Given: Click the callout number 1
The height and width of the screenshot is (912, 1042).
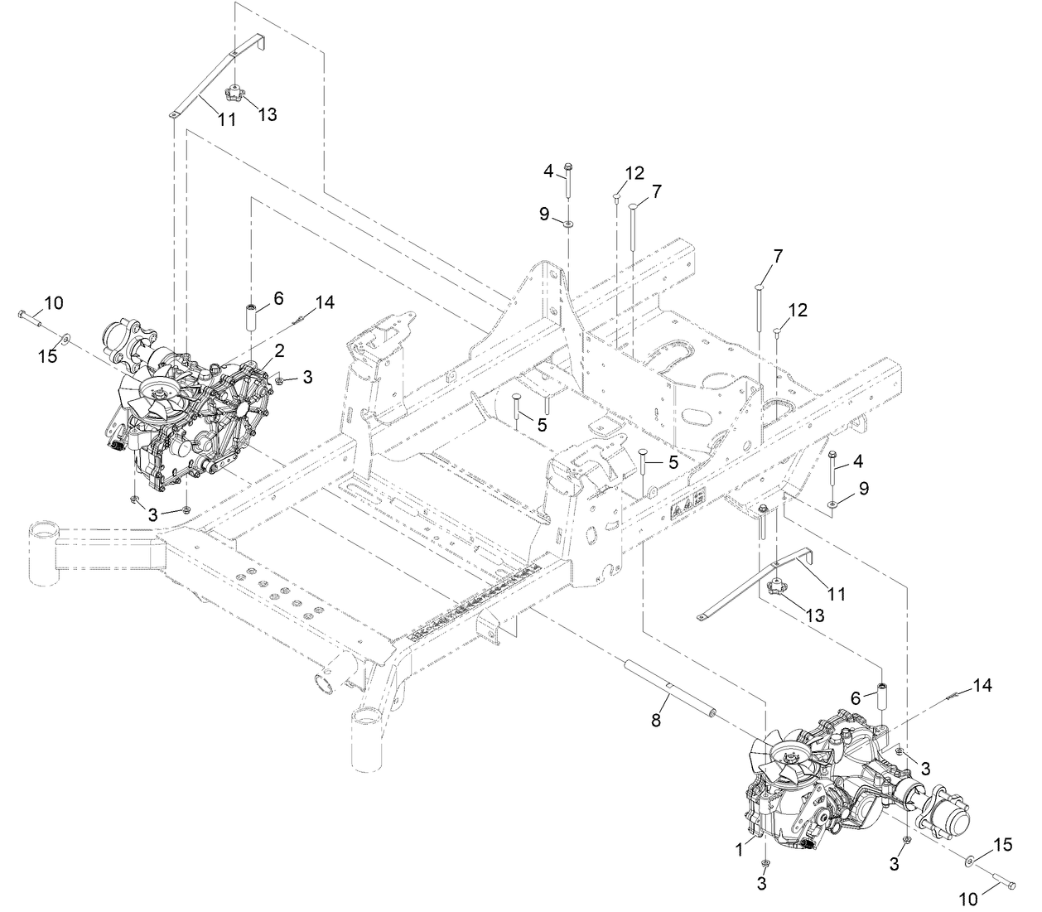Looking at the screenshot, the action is click(x=739, y=849).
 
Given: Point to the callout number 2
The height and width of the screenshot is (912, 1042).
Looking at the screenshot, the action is click(x=279, y=350).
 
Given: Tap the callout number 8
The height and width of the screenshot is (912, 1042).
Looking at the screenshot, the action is click(x=656, y=720).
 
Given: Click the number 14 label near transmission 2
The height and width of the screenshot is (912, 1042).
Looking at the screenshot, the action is click(x=325, y=302).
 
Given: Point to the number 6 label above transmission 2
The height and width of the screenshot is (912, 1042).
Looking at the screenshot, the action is click(x=278, y=298).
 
